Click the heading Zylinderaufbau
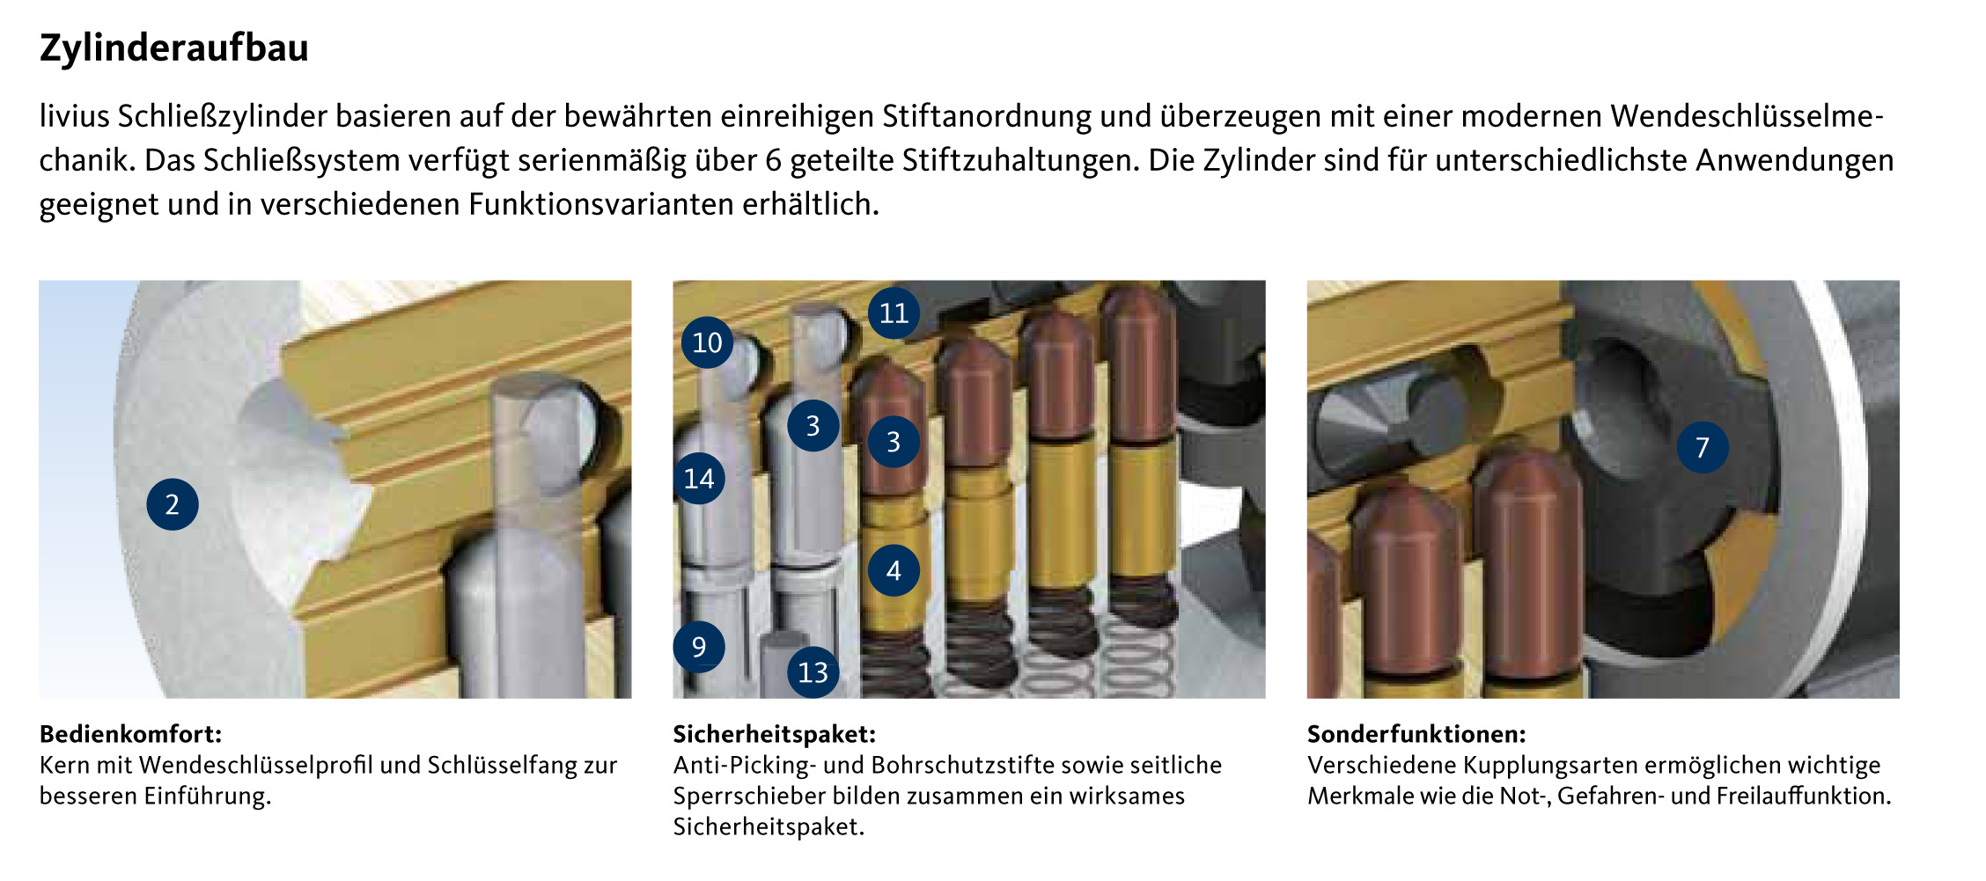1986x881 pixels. click(174, 48)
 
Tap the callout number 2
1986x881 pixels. click(173, 504)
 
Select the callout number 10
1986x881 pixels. click(707, 342)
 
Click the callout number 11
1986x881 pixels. click(894, 312)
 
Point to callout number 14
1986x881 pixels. click(699, 478)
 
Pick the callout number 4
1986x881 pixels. click(894, 570)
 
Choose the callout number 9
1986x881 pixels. click(699, 647)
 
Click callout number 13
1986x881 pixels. click(813, 672)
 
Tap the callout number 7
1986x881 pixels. click(1703, 447)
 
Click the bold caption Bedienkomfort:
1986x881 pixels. click(131, 734)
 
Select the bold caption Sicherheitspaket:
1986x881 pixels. click(775, 734)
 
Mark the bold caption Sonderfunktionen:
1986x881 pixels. click(1416, 734)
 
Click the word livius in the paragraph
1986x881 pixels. click(75, 116)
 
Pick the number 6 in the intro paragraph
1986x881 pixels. click(773, 160)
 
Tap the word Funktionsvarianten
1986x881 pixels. click(601, 204)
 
